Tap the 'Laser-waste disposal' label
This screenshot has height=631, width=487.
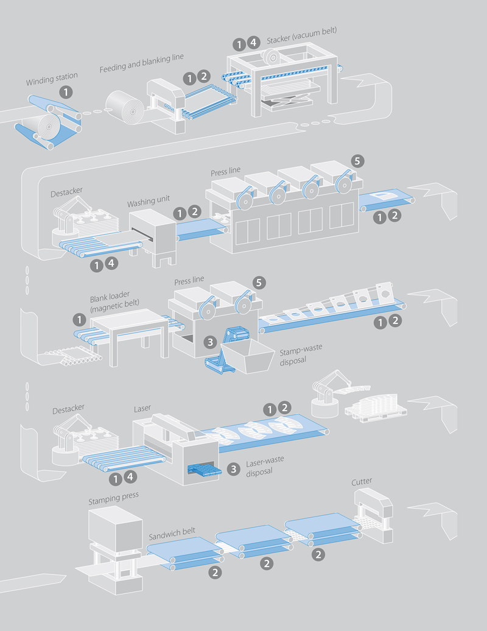(x=267, y=467)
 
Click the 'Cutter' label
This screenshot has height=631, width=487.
(x=362, y=482)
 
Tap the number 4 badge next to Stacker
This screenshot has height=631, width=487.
(x=254, y=43)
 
